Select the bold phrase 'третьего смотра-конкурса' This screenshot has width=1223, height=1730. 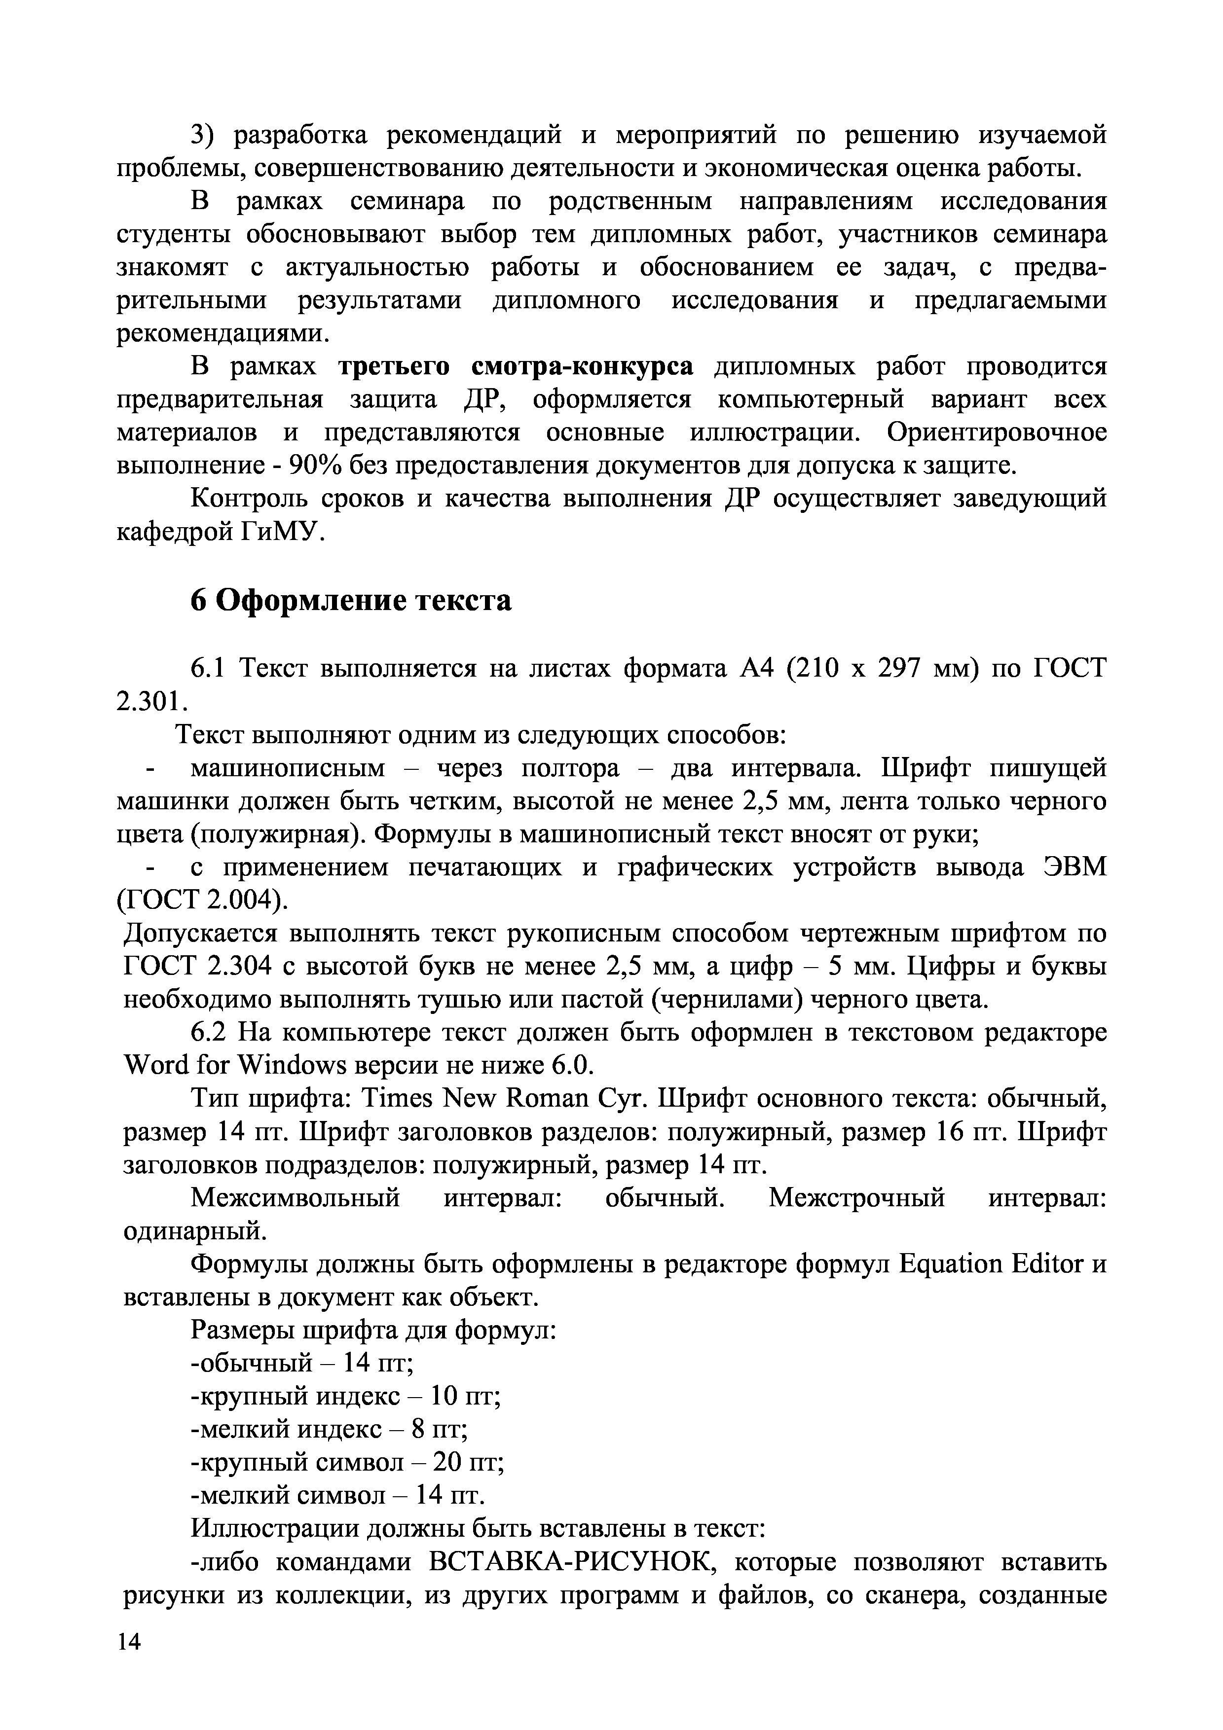516,367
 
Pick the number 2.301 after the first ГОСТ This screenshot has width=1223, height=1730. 150,701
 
